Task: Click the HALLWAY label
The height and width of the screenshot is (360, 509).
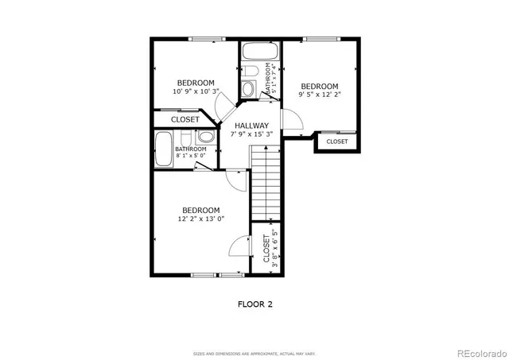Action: pyautogui.click(x=250, y=126)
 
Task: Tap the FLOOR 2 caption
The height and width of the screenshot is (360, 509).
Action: pyautogui.click(x=254, y=304)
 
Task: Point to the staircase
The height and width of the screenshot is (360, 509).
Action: pyautogui.click(x=265, y=185)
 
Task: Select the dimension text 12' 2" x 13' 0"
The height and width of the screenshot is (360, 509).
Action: pyautogui.click(x=200, y=219)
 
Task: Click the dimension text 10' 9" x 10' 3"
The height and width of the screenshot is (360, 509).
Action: pyautogui.click(x=196, y=91)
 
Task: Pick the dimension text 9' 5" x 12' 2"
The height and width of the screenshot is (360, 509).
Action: pyautogui.click(x=319, y=95)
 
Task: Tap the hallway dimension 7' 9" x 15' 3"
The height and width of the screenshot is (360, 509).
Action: pyautogui.click(x=250, y=134)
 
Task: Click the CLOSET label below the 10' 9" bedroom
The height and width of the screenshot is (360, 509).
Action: pyautogui.click(x=185, y=119)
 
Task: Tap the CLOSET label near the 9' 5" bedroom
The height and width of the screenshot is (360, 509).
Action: pyautogui.click(x=337, y=141)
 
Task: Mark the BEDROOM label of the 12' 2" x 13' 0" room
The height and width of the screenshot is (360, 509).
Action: pyautogui.click(x=200, y=210)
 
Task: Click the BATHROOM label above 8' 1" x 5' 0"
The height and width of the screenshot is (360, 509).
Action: pyautogui.click(x=191, y=149)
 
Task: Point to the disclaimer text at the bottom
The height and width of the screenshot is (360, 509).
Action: pyautogui.click(x=254, y=352)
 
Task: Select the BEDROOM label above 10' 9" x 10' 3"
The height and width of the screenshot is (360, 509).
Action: pyautogui.click(x=196, y=83)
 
